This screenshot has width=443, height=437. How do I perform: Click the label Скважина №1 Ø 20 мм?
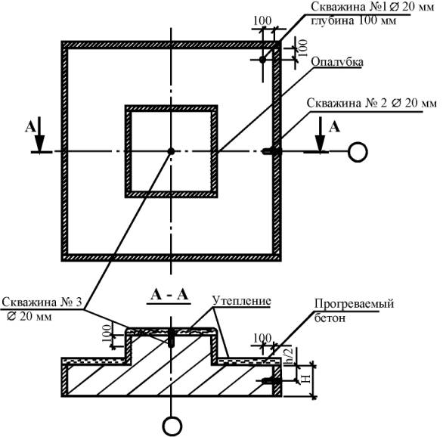tap(373, 7)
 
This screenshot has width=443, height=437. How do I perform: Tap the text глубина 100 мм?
tap(354, 20)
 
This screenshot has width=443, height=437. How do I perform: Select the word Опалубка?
tap(337, 61)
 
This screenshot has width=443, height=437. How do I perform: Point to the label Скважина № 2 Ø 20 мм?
tap(371, 104)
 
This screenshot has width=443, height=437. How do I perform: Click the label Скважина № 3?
tap(42, 302)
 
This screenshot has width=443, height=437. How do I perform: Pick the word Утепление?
tap(242, 301)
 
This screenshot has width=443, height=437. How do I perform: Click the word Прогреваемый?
tap(354, 304)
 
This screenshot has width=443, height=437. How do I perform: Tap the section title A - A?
tap(169, 295)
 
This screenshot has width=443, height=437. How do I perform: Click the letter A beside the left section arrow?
tap(30, 127)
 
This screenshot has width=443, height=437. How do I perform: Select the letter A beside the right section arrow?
tap(334, 127)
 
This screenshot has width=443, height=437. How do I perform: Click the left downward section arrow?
tap(39, 135)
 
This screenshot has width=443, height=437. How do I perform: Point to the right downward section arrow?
tap(320, 135)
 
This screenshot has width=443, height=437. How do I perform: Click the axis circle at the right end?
tap(358, 152)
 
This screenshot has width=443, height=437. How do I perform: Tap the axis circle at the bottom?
tap(172, 426)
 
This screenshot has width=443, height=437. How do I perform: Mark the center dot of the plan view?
tap(171, 151)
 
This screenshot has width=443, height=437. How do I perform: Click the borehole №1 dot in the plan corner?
tap(263, 60)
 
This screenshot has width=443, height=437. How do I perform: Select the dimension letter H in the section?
tap(306, 379)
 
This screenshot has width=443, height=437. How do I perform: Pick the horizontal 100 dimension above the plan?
tap(262, 20)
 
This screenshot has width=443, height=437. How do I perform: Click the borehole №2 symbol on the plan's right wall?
tap(272, 151)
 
